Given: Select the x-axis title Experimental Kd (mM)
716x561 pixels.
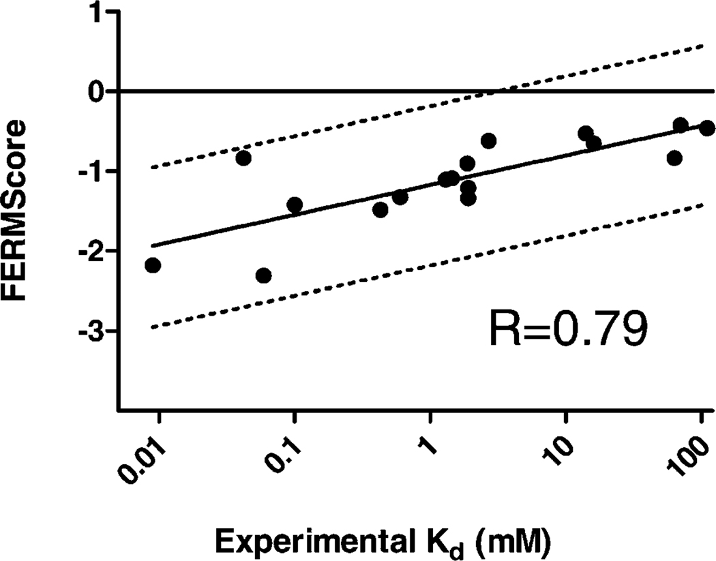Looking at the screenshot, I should (383, 541).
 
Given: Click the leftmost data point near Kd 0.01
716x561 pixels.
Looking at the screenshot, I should (153, 265).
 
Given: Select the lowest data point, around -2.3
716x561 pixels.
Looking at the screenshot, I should (263, 275).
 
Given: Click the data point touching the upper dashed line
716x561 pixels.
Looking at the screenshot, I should (243, 158).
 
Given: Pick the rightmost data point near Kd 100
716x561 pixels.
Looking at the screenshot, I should (707, 128).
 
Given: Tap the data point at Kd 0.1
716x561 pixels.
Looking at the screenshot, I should (295, 204).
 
